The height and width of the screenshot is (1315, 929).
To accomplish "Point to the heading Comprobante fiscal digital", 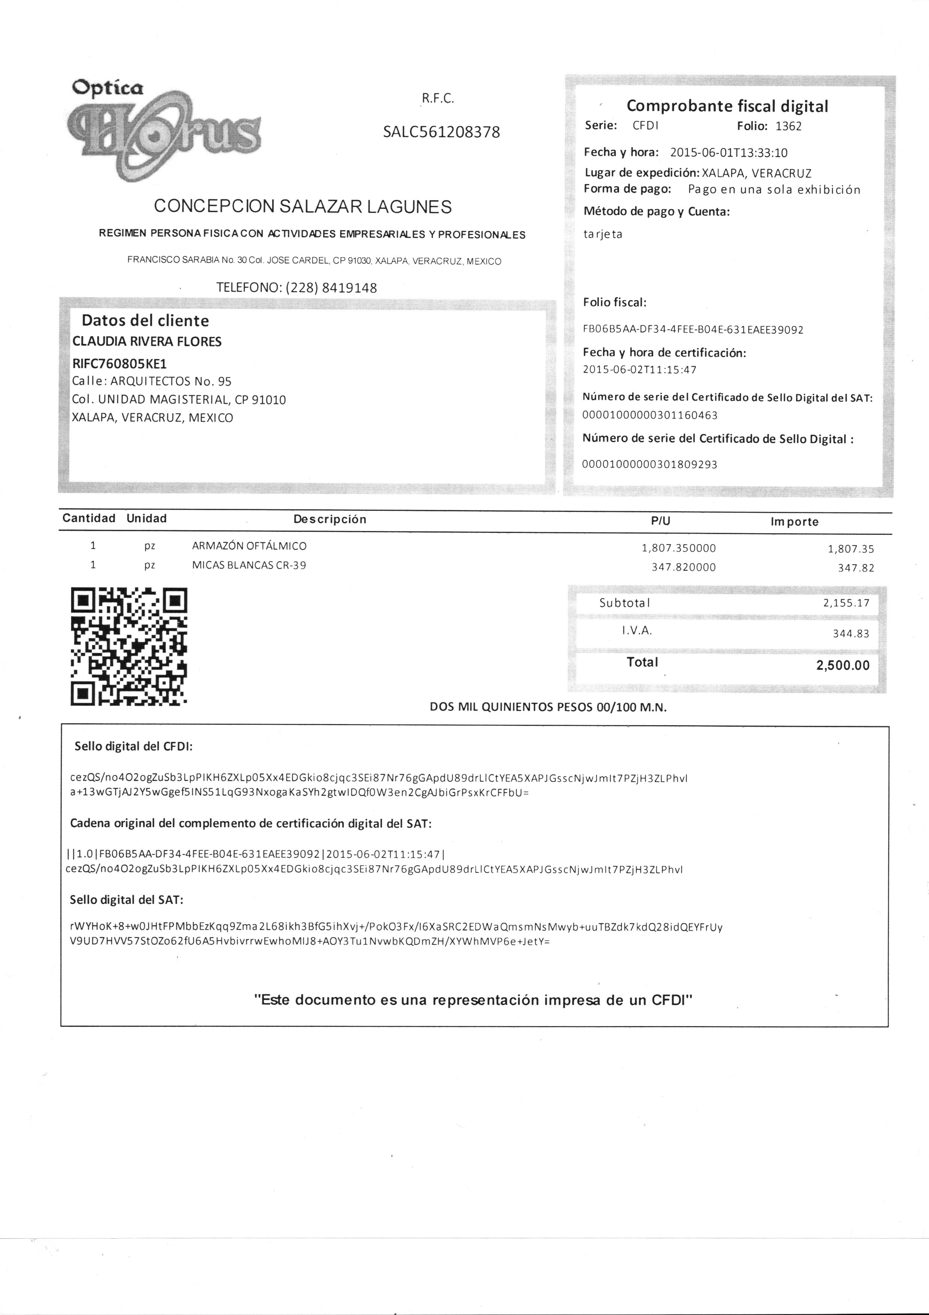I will click(x=727, y=106).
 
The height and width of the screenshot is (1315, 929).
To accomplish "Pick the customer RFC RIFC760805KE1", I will click(x=119, y=364).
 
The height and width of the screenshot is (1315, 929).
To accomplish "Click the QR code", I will click(x=129, y=646).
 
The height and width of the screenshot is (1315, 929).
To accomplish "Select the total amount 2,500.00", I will click(x=843, y=666).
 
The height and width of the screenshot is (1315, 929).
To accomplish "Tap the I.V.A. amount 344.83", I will click(x=851, y=633).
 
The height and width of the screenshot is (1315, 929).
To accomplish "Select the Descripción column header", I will click(x=330, y=519).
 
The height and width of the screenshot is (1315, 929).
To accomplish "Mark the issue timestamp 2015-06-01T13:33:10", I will click(x=729, y=153).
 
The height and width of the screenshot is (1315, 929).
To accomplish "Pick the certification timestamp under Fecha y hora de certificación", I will click(x=640, y=370).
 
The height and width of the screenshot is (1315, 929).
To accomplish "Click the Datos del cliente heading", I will click(x=145, y=321).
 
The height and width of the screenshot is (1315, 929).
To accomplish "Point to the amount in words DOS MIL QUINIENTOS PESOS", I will click(x=548, y=707).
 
